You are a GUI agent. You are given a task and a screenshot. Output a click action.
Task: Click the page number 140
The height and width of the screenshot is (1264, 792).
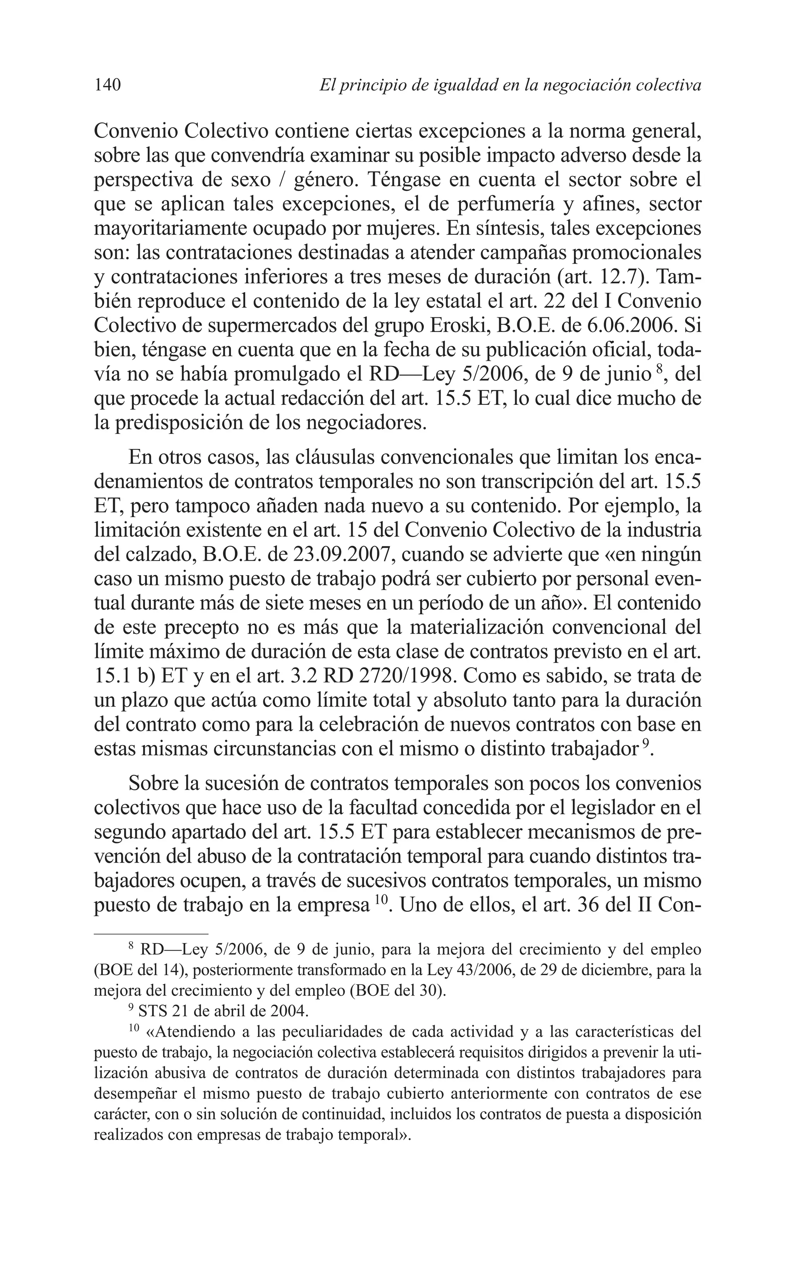[x=108, y=85]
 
